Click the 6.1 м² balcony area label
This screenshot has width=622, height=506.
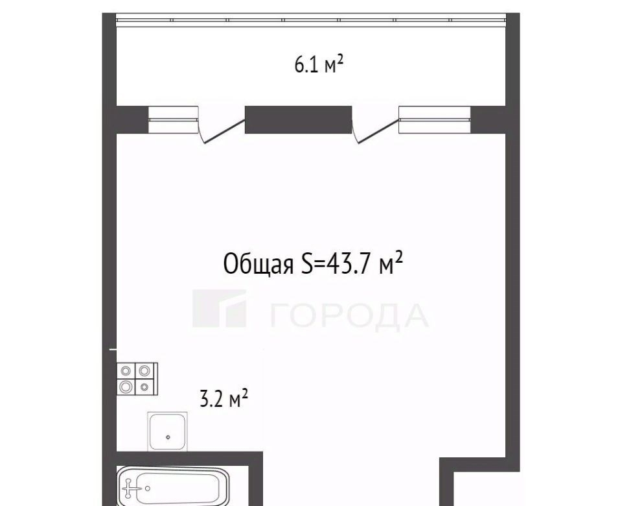[319, 65]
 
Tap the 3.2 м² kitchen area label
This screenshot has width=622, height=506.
[224, 399]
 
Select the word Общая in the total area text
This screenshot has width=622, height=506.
[259, 263]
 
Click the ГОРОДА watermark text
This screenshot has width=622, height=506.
[349, 317]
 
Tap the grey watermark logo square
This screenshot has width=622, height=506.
[220, 308]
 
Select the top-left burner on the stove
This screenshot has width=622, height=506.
[126, 371]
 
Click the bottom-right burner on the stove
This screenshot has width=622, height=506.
[144, 386]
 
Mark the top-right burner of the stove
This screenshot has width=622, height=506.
[144, 371]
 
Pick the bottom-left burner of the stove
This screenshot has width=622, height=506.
[126, 386]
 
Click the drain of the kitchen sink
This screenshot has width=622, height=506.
[168, 437]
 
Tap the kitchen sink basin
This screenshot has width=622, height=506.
[167, 431]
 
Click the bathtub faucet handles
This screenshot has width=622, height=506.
[128, 488]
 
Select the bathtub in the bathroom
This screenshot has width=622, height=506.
[173, 487]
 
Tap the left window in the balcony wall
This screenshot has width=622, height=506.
[173, 119]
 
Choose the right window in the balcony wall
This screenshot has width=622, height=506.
[435, 119]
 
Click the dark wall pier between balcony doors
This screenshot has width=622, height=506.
[298, 119]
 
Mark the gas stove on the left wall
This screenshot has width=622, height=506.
[137, 379]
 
